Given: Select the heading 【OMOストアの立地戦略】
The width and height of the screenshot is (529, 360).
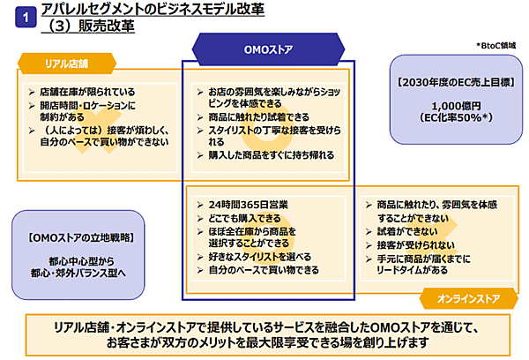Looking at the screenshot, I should tap(80, 237).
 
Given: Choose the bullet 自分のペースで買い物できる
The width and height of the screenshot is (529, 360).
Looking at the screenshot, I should tap(264, 270).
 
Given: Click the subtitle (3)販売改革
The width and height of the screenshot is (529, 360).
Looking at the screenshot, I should tap(87, 26).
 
